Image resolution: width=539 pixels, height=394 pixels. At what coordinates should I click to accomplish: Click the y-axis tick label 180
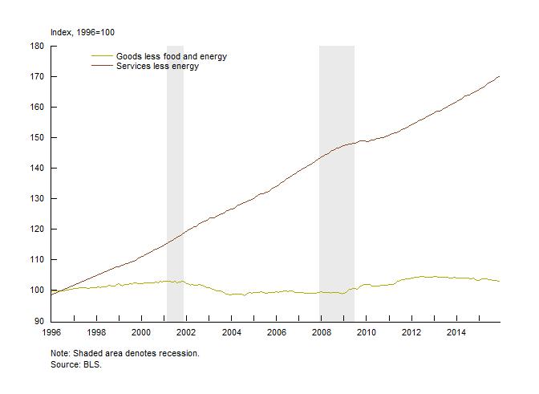coord(37,46)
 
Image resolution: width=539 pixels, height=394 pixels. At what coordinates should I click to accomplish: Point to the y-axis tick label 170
coord(37,76)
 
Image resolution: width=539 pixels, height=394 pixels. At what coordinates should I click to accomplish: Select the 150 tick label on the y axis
coord(37,137)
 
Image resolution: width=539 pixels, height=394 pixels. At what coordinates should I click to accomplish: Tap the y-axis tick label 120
coord(37,229)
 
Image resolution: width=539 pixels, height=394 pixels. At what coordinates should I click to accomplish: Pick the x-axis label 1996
coord(51,332)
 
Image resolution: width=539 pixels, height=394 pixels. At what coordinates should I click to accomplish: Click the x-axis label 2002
coord(186,332)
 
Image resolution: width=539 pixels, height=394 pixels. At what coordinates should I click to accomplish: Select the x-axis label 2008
coord(322,332)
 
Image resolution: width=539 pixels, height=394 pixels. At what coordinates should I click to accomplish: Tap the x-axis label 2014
coord(456,332)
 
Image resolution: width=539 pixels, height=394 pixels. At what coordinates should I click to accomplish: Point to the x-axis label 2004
coord(231,332)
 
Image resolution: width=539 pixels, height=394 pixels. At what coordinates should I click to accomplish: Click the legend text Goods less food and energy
coord(172,56)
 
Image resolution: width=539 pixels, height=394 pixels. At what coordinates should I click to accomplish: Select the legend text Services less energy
coord(157,66)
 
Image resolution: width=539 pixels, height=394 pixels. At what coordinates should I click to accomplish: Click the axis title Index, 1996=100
coord(83,32)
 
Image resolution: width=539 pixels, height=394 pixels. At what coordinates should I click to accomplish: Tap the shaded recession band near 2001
coord(175,177)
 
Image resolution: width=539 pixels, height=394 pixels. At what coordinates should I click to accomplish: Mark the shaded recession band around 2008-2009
coord(337,177)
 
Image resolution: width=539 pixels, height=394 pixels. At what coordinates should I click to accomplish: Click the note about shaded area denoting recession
coord(124,353)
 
